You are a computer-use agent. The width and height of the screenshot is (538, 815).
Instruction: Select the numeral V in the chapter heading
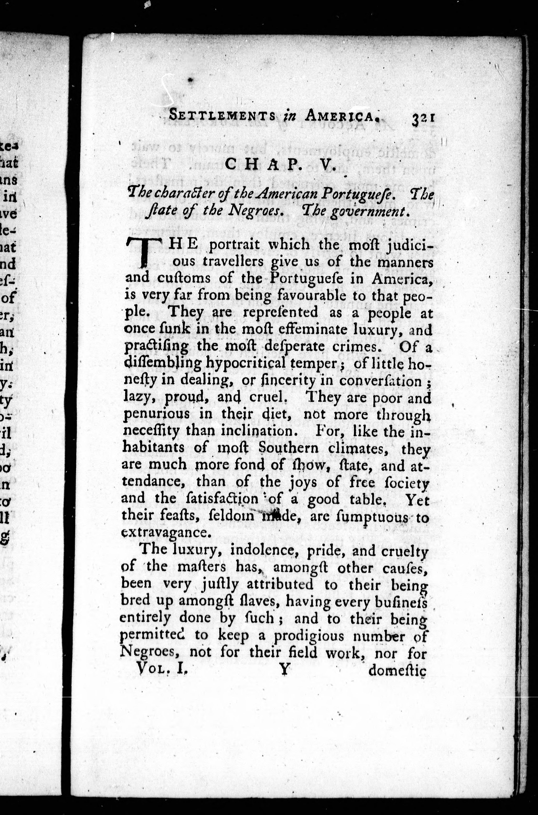pyautogui.click(x=327, y=165)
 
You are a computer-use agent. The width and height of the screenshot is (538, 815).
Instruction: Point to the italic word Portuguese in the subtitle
pyautogui.click(x=358, y=195)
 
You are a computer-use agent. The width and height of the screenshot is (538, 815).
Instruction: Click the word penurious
pyautogui.click(x=156, y=414)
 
